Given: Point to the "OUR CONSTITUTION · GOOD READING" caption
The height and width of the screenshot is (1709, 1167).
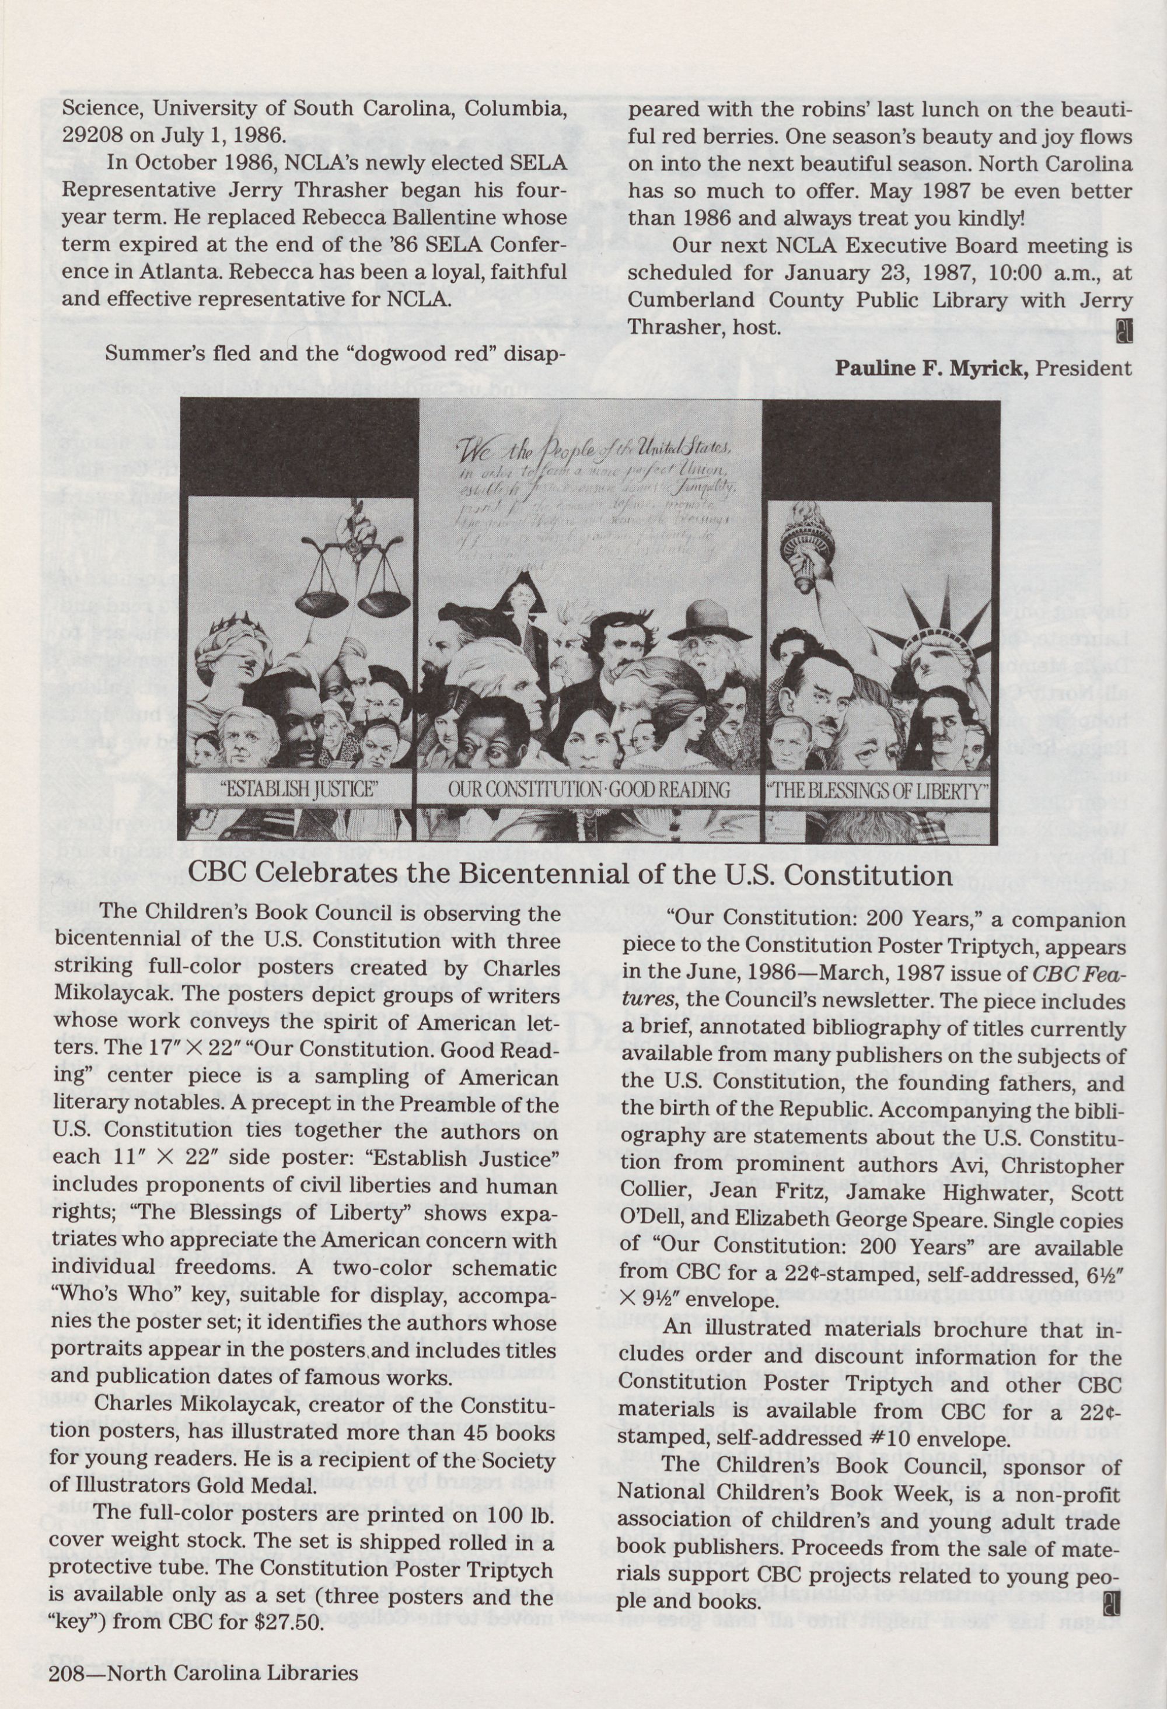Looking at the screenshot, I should [x=589, y=790].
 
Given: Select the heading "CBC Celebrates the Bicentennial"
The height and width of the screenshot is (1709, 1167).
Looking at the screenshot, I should [x=570, y=875].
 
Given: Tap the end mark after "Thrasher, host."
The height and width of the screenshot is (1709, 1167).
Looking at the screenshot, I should [x=1123, y=333].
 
